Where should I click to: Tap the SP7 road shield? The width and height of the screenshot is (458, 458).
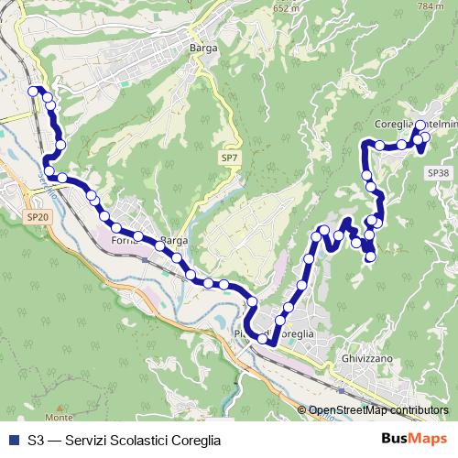pyautogui.click(x=230, y=158)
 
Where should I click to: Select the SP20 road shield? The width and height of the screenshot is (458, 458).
pyautogui.click(x=36, y=216)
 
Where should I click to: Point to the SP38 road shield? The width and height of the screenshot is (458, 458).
pyautogui.click(x=437, y=172)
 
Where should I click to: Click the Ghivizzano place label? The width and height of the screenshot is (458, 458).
pyautogui.click(x=367, y=358)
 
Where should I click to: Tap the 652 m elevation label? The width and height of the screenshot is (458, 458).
pyautogui.click(x=286, y=8)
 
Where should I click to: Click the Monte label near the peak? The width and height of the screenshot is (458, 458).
pyautogui.click(x=60, y=418)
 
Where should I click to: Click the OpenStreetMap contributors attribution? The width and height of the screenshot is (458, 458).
pyautogui.click(x=378, y=410)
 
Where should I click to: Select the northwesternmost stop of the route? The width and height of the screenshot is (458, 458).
pyautogui.click(x=35, y=91)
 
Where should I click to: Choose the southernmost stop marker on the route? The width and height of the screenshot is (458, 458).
pyautogui.click(x=264, y=340)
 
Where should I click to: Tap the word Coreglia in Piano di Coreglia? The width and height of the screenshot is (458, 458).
pyautogui.click(x=295, y=334)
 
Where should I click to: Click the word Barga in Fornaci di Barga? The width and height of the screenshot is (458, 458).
pyautogui.click(x=173, y=241)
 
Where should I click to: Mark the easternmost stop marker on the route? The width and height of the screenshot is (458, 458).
pyautogui.click(x=424, y=136)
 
